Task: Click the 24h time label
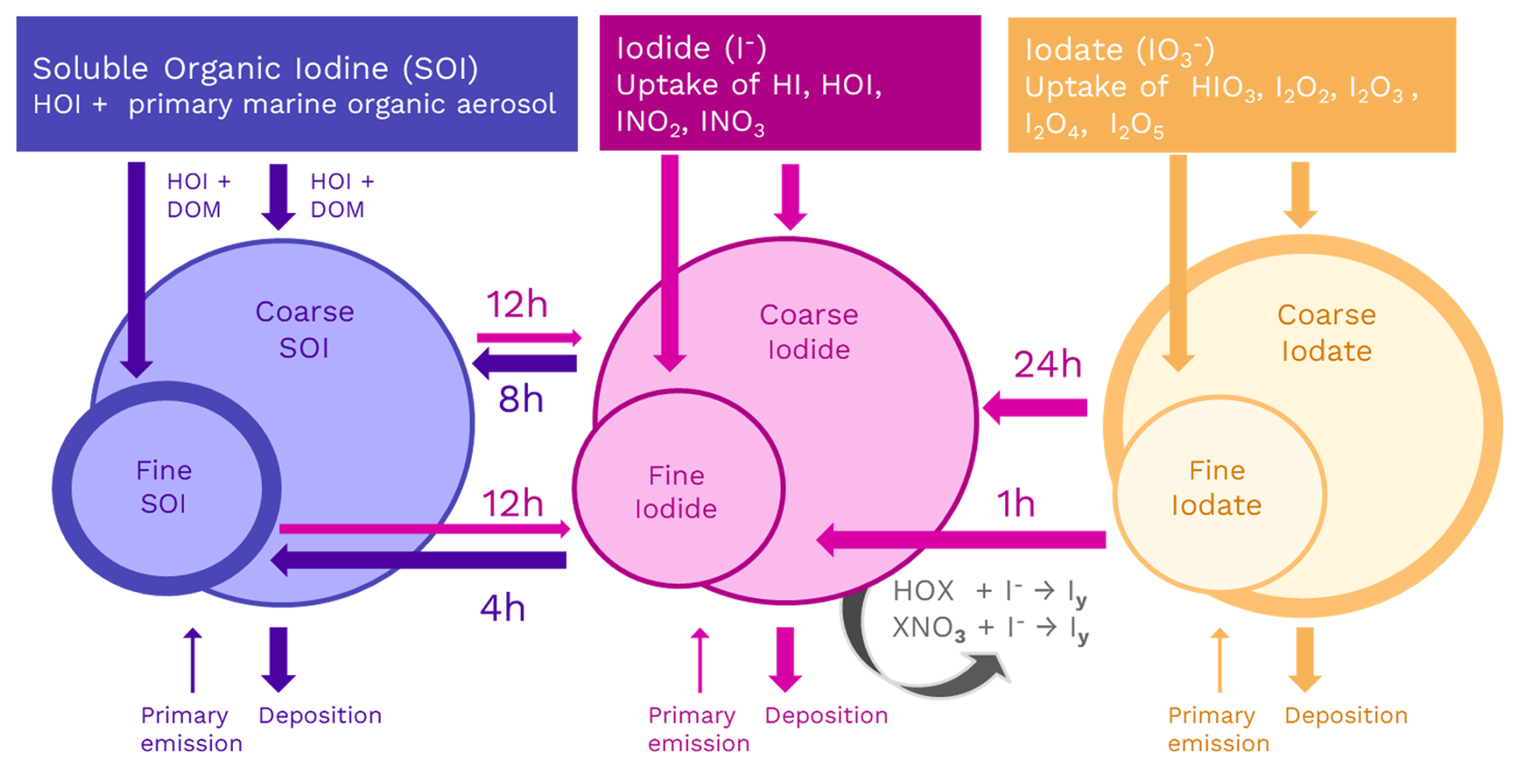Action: pyautogui.click(x=1047, y=365)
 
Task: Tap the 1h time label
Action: pyautogui.click(x=1015, y=505)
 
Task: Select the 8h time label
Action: pyautogui.click(x=520, y=399)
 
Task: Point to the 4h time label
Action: pyautogui.click(x=503, y=608)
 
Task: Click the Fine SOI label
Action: pyautogui.click(x=164, y=487)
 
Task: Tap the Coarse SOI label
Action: pyautogui.click(x=304, y=329)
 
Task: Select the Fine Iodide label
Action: pyautogui.click(x=676, y=492)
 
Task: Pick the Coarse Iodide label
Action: pyautogui.click(x=808, y=332)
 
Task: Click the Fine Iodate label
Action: pyautogui.click(x=1216, y=488)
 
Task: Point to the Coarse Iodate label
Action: pyautogui.click(x=1326, y=333)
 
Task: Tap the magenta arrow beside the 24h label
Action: pyautogui.click(x=1035, y=407)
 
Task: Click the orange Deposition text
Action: pyautogui.click(x=1346, y=715)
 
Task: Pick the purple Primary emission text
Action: pyautogui.click(x=191, y=729)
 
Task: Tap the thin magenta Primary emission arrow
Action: pyautogui.click(x=700, y=660)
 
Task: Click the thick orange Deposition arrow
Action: pyautogui.click(x=1305, y=659)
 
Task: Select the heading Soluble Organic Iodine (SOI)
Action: pyautogui.click(x=255, y=68)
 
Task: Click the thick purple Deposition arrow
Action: pyautogui.click(x=279, y=659)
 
